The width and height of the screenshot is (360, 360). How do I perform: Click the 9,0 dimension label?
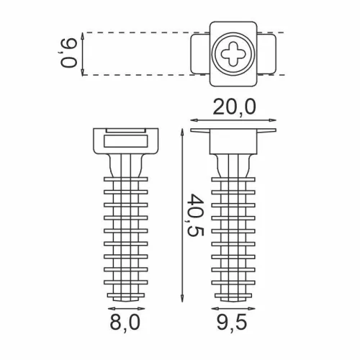[70, 53]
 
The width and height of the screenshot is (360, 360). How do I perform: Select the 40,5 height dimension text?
[197, 214]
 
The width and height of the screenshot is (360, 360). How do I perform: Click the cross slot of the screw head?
[234, 53]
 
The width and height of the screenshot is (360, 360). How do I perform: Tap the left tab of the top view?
[199, 53]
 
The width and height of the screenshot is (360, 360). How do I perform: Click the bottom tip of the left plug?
[125, 297]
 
